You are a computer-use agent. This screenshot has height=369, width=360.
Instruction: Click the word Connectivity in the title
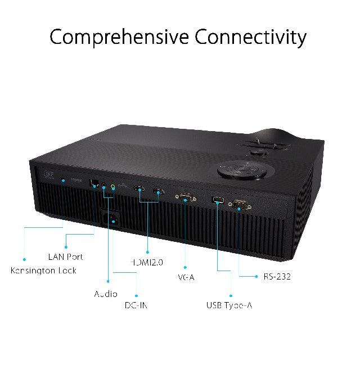pos(251,37)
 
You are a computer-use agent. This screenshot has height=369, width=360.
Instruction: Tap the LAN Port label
pos(65,256)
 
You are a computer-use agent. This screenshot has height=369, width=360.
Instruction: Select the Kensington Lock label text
pos(44,271)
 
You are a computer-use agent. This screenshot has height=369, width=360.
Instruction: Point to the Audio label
pos(106,294)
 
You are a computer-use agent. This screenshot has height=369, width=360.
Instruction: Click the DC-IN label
pos(137,305)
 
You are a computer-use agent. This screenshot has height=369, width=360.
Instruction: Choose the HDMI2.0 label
pos(146,262)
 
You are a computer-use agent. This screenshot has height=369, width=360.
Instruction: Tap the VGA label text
pos(185,277)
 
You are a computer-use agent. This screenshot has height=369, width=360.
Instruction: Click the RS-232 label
pos(277,277)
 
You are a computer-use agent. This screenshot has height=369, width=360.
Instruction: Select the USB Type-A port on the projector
pos(217,200)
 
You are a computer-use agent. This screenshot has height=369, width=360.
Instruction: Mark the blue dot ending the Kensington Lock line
pos(24,259)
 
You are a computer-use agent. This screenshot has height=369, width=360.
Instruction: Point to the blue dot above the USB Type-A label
pos(231,294)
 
